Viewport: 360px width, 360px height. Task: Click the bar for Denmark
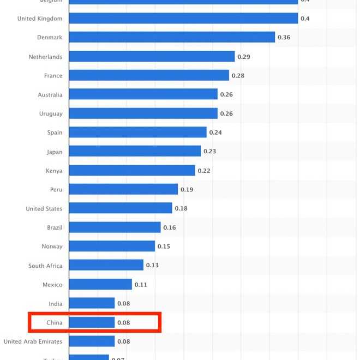pyautogui.click(x=172, y=37)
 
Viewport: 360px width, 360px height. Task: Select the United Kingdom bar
pyautogui.click(x=183, y=19)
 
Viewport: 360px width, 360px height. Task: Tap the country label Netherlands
pyautogui.click(x=45, y=57)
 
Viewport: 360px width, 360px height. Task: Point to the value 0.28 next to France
pyautogui.click(x=238, y=76)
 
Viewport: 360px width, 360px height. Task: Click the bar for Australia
pyautogui.click(x=143, y=94)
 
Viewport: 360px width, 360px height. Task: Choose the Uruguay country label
pyautogui.click(x=51, y=113)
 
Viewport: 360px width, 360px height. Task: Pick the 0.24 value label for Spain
pyautogui.click(x=215, y=133)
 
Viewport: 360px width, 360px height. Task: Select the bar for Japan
pyautogui.click(x=135, y=151)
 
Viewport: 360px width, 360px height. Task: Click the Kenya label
pyautogui.click(x=54, y=171)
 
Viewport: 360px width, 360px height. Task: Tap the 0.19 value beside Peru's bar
pyautogui.click(x=187, y=190)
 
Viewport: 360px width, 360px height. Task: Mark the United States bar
pyautogui.click(x=121, y=208)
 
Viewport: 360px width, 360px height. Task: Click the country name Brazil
pyautogui.click(x=55, y=227)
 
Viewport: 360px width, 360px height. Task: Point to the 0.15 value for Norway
pyautogui.click(x=164, y=247)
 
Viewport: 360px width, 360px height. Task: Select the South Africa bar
pyautogui.click(x=106, y=265)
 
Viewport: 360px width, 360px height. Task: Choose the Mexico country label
pyautogui.click(x=52, y=285)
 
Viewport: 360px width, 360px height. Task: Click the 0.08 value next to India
pyautogui.click(x=123, y=304)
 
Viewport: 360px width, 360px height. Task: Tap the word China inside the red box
pyautogui.click(x=54, y=323)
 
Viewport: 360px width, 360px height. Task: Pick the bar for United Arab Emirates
pyautogui.click(x=92, y=341)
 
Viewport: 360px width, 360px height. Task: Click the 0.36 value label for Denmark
pyautogui.click(x=284, y=38)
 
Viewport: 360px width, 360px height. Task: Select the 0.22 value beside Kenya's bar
pyautogui.click(x=204, y=171)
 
